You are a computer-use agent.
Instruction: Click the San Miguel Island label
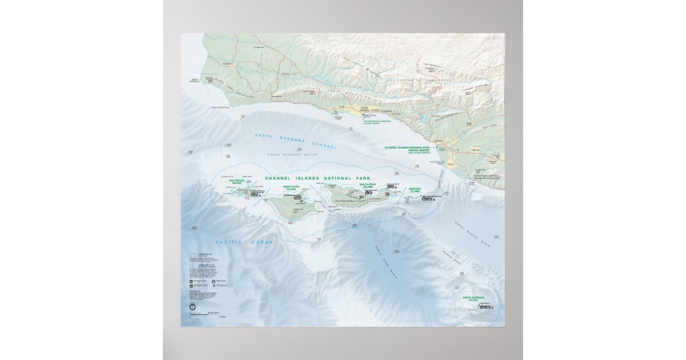point(236,182)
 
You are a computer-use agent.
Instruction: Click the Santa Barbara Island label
point(474,298)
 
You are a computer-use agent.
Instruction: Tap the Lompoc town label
point(227,63)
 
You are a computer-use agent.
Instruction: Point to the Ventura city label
point(440,140)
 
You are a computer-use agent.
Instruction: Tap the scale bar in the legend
point(205,313)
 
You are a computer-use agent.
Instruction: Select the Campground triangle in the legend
point(214,286)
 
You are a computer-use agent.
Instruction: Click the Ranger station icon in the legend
point(192,281)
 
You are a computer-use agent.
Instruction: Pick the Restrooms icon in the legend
point(214,281)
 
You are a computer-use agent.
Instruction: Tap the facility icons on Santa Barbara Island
point(485,307)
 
